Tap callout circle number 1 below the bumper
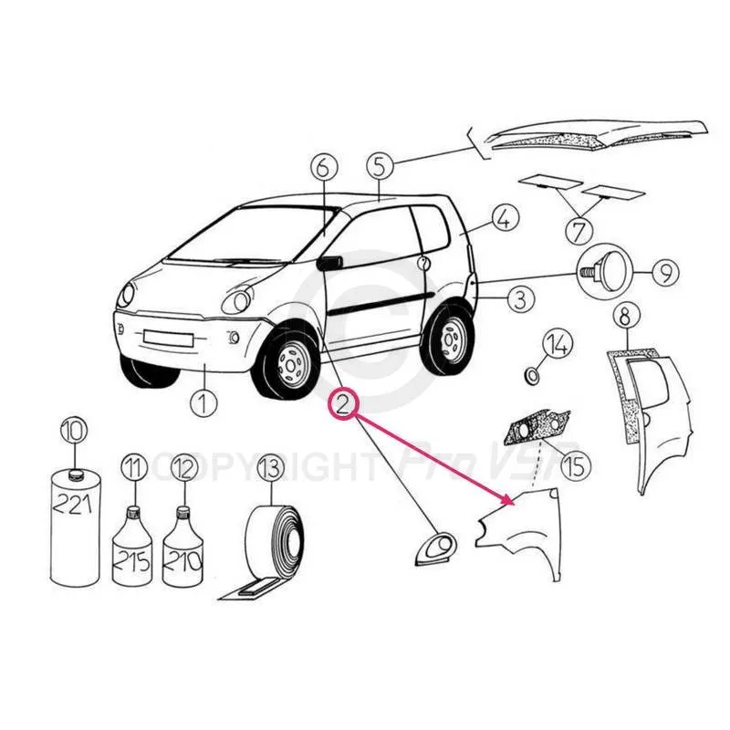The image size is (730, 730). pos(203,402)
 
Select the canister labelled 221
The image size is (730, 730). pos(75,527)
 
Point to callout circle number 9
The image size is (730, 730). pos(665,273)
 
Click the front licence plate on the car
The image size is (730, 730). pos(168,338)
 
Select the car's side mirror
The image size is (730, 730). pos(329,263)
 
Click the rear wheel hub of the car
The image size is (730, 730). pos(450,339)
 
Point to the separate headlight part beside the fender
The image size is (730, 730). pos(436,549)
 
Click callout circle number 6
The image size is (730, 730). pos(323,168)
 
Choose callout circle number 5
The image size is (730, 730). pos(380,166)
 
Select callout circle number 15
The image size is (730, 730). pos(576,465)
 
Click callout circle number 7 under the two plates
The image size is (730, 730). pos(579,232)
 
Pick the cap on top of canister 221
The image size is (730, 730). pos(75,474)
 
